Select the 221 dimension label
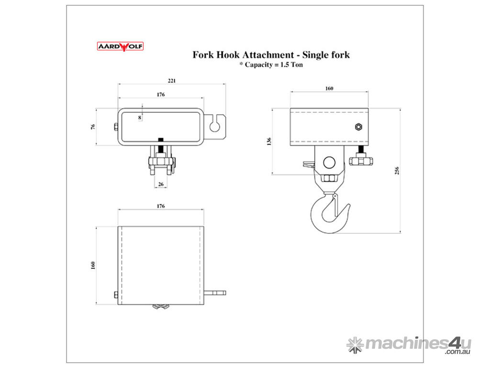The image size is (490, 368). (x=172, y=80)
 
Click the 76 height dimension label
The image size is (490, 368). (x=94, y=127)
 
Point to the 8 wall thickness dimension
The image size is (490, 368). (x=140, y=117)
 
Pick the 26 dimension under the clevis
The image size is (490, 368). (x=160, y=184)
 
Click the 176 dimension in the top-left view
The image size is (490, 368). (x=160, y=95)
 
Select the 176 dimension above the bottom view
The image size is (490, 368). (x=160, y=206)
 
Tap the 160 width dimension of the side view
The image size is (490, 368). (x=329, y=88)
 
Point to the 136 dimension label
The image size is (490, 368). (x=269, y=141)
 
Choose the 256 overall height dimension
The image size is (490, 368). (x=397, y=171)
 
